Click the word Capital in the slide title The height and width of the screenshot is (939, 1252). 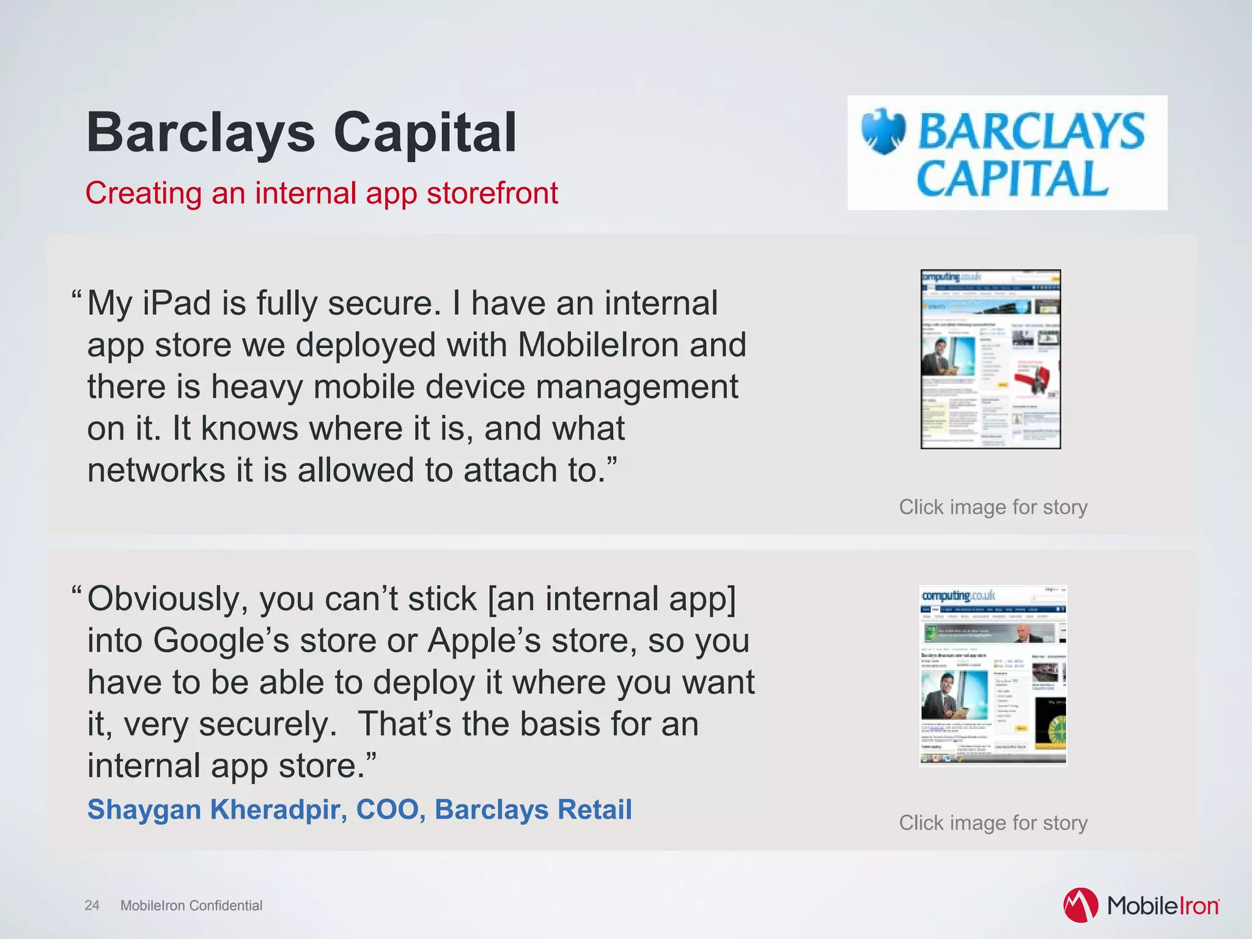(x=425, y=133)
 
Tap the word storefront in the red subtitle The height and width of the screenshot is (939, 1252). (x=492, y=193)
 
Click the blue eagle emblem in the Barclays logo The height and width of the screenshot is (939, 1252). (x=883, y=131)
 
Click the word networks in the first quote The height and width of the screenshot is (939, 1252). (x=156, y=471)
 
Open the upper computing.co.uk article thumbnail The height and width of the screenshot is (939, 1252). (x=990, y=359)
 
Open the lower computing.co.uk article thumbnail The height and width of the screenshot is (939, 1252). (x=993, y=675)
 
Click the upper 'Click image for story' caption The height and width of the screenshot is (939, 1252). (x=993, y=507)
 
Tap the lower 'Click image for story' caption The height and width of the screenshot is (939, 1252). (x=993, y=823)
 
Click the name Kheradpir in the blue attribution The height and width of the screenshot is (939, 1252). (x=279, y=809)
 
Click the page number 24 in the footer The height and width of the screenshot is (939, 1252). (x=92, y=905)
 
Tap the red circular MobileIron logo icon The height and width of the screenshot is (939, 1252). (x=1080, y=905)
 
